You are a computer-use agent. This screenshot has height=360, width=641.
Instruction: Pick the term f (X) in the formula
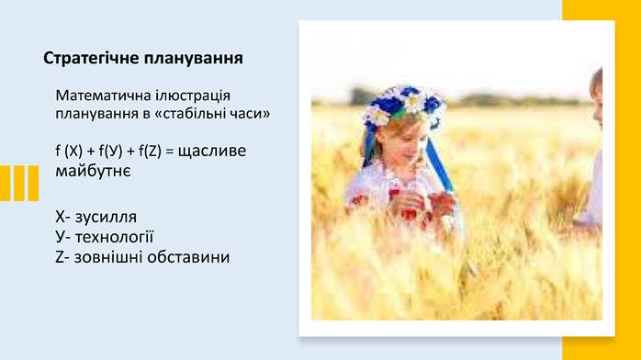(x=68, y=151)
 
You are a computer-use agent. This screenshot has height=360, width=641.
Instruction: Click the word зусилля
(x=106, y=218)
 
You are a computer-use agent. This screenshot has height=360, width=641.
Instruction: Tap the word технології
(x=115, y=237)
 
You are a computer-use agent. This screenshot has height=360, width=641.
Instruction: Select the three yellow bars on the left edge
(x=19, y=183)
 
